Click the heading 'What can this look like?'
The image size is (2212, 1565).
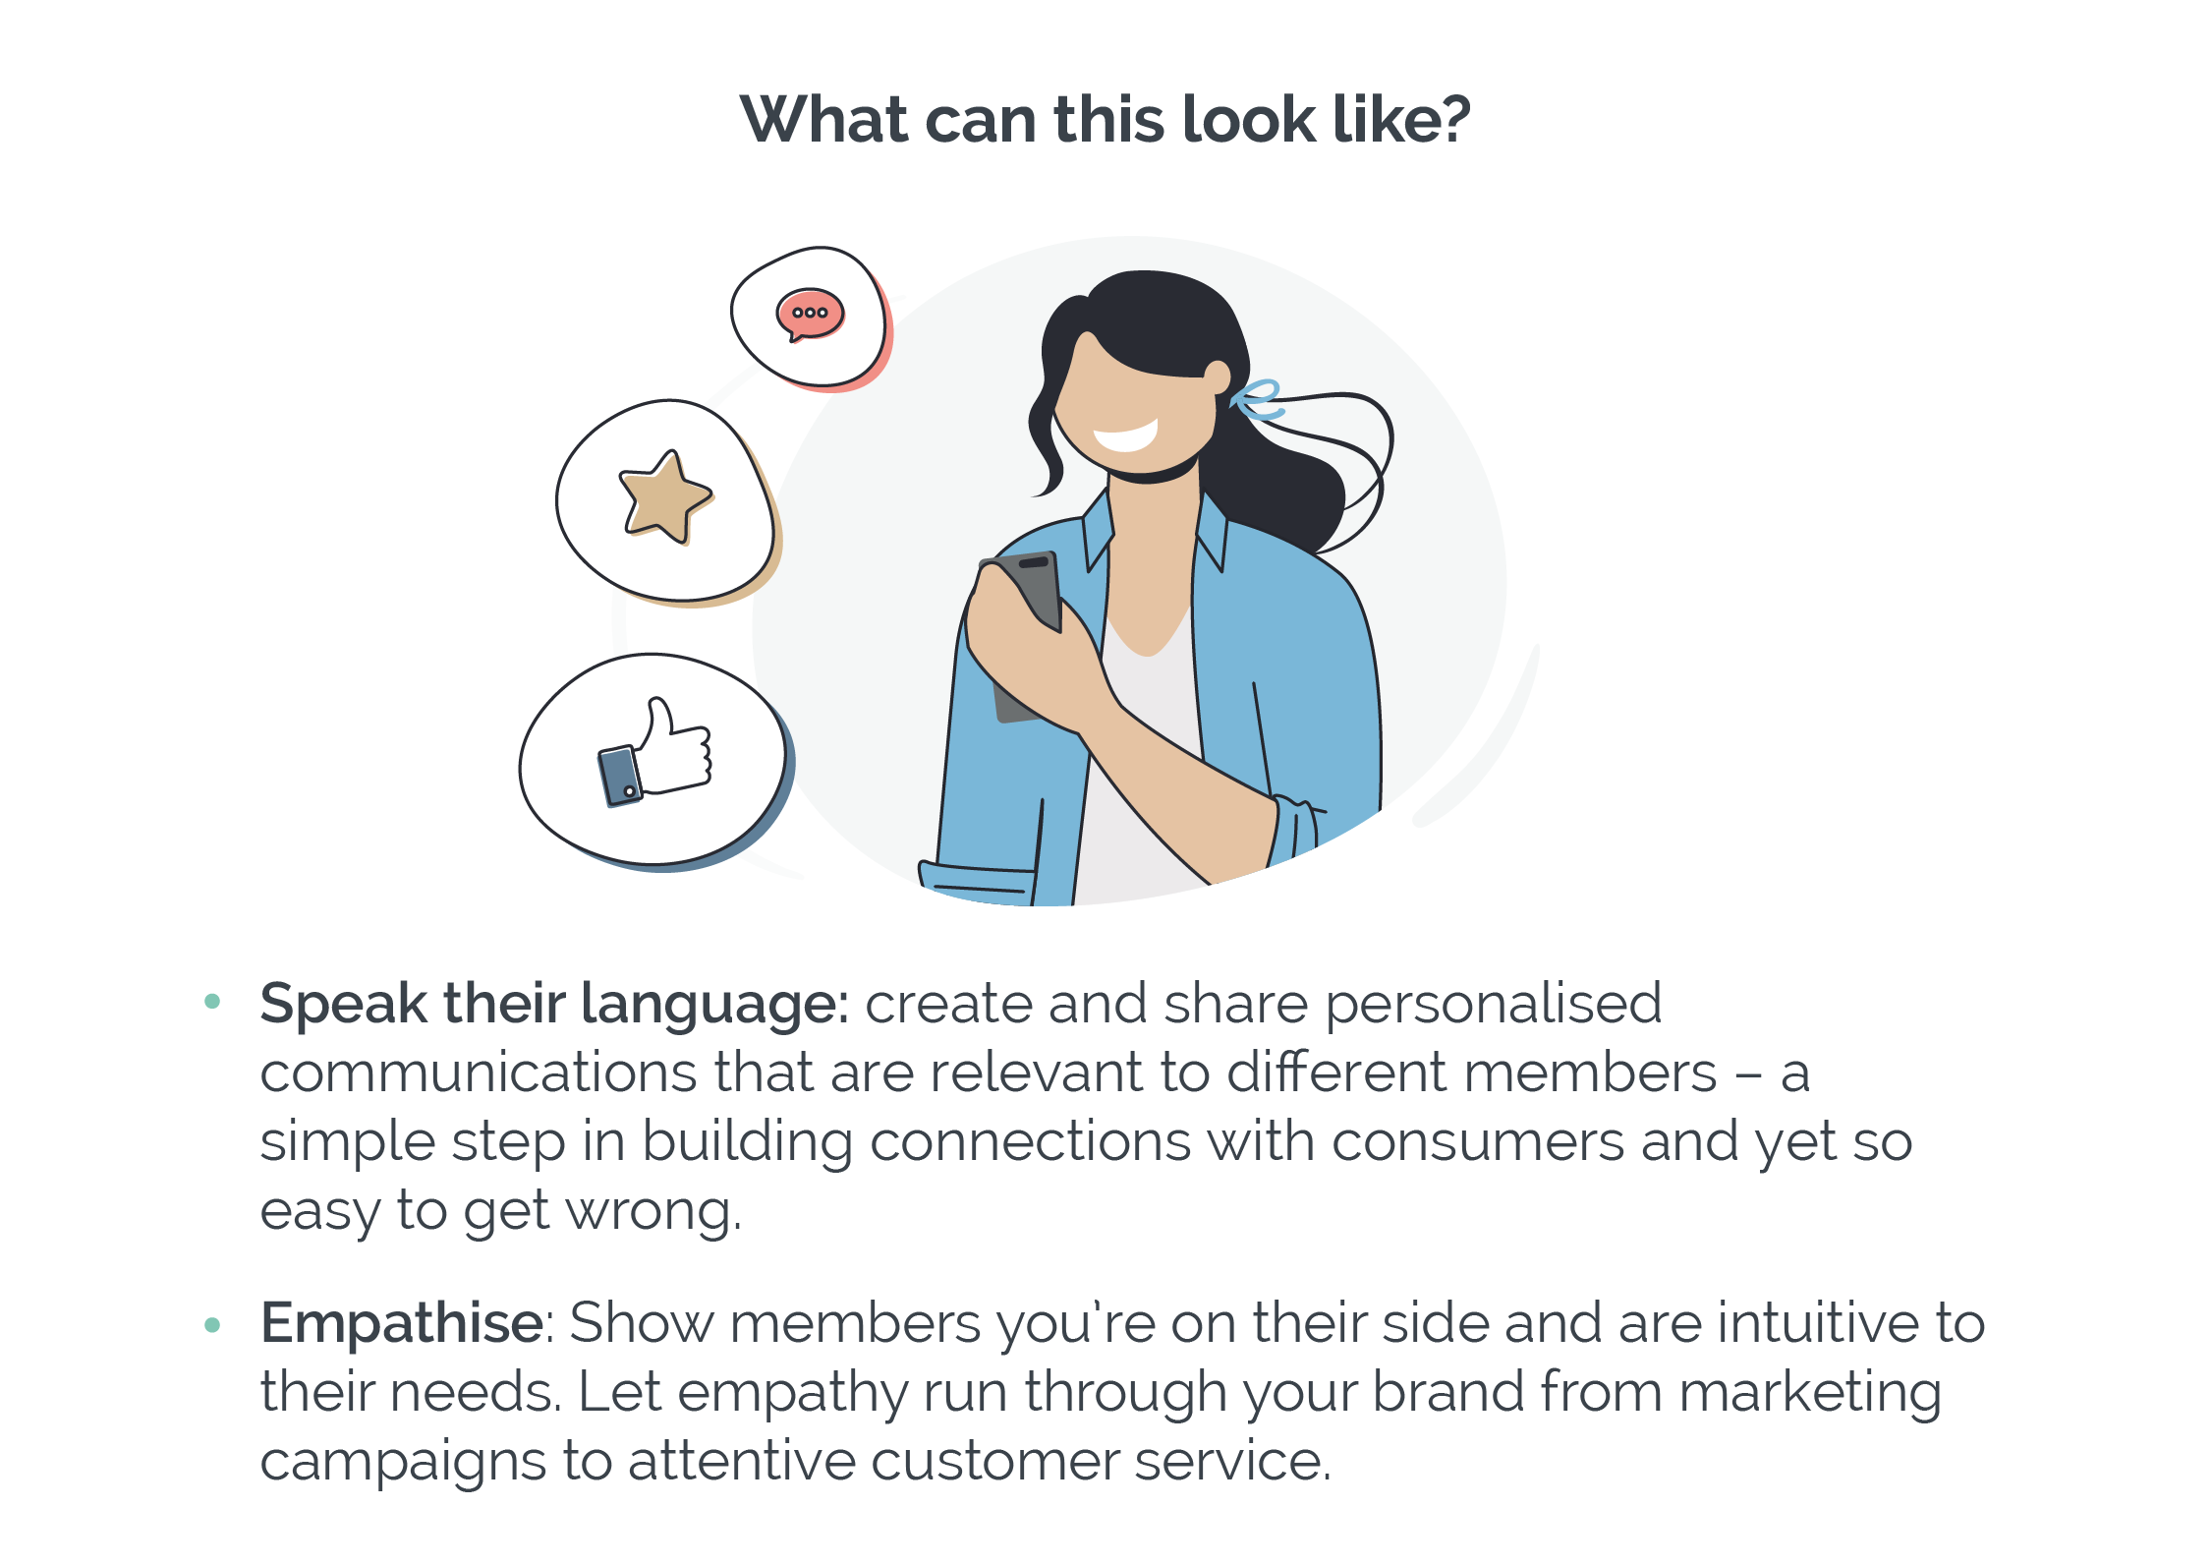click(x=1105, y=120)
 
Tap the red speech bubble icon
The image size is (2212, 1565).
click(x=810, y=315)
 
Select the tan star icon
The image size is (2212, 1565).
click(x=665, y=497)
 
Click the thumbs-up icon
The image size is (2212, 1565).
click(x=653, y=752)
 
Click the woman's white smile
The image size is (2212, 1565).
click(x=1127, y=434)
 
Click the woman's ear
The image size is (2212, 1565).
click(x=1218, y=377)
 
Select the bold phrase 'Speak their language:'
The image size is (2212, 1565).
click(x=554, y=1005)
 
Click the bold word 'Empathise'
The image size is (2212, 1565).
click(x=402, y=1323)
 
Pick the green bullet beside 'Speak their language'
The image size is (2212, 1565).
click(x=212, y=1002)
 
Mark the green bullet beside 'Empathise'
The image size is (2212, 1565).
click(x=212, y=1325)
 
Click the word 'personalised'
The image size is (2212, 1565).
click(x=1494, y=1005)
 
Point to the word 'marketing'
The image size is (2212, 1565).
click(x=1810, y=1394)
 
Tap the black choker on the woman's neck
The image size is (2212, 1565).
click(x=1152, y=474)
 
